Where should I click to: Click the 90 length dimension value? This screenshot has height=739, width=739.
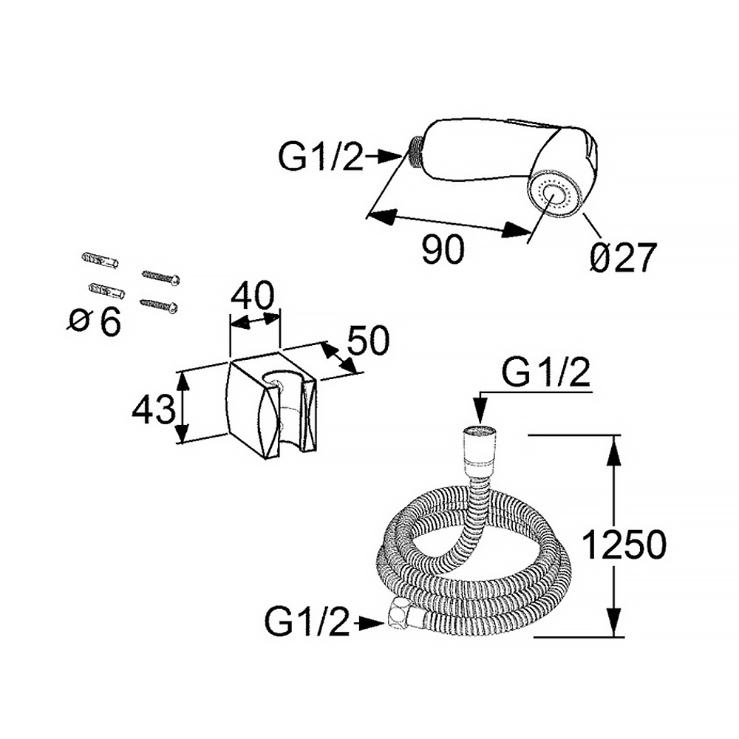pos(443,251)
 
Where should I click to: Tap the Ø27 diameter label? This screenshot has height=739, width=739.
pos(624,259)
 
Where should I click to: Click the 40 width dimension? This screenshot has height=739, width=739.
pos(253,297)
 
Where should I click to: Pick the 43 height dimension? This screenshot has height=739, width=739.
pos(153,409)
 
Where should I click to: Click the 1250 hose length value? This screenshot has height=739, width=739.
pos(624,545)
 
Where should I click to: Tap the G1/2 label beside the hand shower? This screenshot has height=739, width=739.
pos(322,157)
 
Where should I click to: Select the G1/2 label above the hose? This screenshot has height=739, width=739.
pos(546,375)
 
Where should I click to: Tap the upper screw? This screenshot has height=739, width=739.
pos(161,276)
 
